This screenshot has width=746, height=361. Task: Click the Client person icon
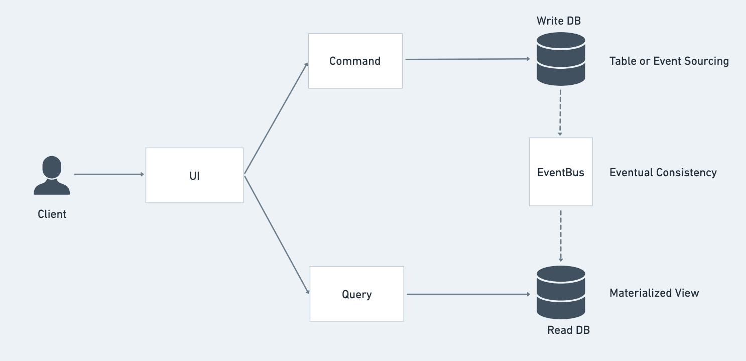[x=52, y=176]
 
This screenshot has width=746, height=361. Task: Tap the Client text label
[x=52, y=214]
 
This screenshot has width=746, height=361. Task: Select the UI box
[x=194, y=175]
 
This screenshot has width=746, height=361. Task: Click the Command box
[x=355, y=61]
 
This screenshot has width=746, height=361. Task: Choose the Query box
[x=356, y=294]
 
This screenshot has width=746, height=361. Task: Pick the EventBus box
[x=561, y=172]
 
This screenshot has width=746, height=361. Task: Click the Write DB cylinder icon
[x=561, y=59]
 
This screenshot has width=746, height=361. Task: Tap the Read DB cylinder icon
[x=561, y=292]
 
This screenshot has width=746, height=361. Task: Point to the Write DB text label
[x=559, y=21]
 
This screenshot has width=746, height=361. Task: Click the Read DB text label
[x=568, y=330]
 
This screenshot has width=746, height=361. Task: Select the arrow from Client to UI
[x=109, y=174]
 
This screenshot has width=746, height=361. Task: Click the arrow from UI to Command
[x=276, y=118]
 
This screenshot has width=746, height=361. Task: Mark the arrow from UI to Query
[x=277, y=233]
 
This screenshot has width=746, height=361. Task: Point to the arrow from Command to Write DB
[x=467, y=59]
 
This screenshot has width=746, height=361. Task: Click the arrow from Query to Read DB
[x=468, y=294]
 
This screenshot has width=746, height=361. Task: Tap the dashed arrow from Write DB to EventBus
[x=560, y=111]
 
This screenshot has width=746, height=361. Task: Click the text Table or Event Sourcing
[x=669, y=61]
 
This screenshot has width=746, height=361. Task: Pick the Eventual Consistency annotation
[x=663, y=173]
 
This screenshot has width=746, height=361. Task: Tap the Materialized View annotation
[x=654, y=293]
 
